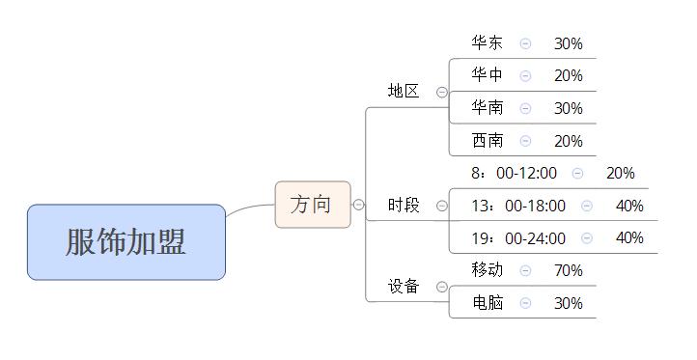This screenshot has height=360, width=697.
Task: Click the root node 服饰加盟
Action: pyautogui.click(x=125, y=242)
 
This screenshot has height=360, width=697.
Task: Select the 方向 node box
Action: pyautogui.click(x=311, y=205)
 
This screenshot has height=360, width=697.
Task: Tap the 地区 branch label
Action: pyautogui.click(x=404, y=92)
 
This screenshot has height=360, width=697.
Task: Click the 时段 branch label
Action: pyautogui.click(x=404, y=206)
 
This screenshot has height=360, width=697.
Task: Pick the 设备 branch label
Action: pyautogui.click(x=404, y=286)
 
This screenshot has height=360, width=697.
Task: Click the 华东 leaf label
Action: pyautogui.click(x=488, y=43)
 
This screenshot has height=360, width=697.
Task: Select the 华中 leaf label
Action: pyautogui.click(x=488, y=75)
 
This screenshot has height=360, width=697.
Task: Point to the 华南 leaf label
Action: pyautogui.click(x=488, y=108)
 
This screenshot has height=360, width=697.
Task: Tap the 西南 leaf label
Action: pyautogui.click(x=488, y=141)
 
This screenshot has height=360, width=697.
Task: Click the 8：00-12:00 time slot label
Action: pyautogui.click(x=514, y=174)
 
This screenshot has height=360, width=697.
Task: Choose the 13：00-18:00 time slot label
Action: pyautogui.click(x=518, y=206)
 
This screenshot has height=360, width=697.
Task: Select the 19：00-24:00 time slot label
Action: pyautogui.click(x=518, y=238)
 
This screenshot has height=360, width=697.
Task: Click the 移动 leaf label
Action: pyautogui.click(x=488, y=270)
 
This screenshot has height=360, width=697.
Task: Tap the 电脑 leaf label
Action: pyautogui.click(x=488, y=303)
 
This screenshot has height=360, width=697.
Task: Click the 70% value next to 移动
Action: pyautogui.click(x=568, y=270)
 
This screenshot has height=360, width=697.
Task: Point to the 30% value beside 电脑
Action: pyautogui.click(x=568, y=303)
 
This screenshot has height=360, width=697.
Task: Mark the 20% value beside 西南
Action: pyautogui.click(x=568, y=141)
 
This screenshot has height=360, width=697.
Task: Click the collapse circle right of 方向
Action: pyautogui.click(x=358, y=205)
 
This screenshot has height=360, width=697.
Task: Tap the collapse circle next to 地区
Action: pyautogui.click(x=442, y=93)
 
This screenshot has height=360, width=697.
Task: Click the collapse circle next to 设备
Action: pyautogui.click(x=442, y=287)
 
